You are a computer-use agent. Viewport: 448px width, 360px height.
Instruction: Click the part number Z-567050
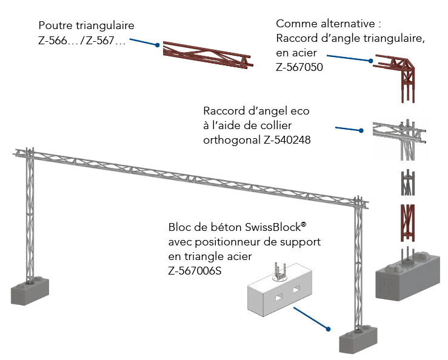[x=299, y=68]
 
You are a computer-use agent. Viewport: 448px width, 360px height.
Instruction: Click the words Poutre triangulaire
[x=86, y=26]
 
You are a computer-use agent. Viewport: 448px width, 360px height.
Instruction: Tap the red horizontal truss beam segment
[x=207, y=56]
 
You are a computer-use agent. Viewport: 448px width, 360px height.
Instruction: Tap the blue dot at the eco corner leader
[x=361, y=130]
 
